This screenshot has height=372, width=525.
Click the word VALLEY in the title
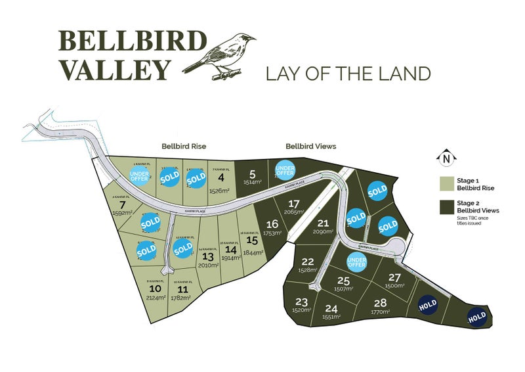click(115, 68)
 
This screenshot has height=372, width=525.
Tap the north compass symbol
click(446, 158)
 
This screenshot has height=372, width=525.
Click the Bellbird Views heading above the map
click(310, 146)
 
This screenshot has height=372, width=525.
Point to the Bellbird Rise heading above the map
click(184, 146)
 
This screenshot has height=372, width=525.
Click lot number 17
click(294, 203)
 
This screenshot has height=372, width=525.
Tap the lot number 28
click(380, 302)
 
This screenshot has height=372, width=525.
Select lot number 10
click(156, 289)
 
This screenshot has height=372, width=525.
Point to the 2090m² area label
click(323, 231)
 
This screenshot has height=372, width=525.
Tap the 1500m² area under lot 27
click(394, 286)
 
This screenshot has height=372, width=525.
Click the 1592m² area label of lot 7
click(123, 212)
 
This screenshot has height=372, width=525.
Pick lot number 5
click(252, 174)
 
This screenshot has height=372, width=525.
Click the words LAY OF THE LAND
click(348, 73)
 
